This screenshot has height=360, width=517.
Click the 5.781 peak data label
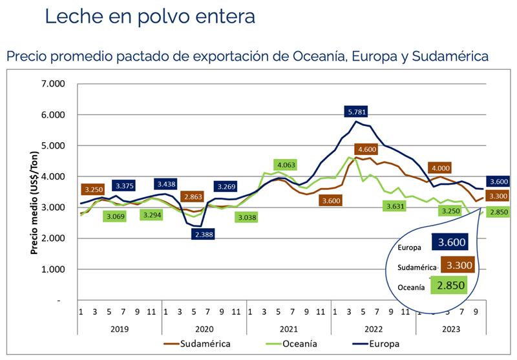(x=359, y=112)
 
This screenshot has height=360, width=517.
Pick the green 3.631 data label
(x=394, y=206)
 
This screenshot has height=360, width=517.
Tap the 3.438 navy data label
(x=167, y=184)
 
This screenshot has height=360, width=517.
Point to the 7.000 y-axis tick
(x=54, y=84)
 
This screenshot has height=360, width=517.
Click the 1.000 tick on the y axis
(x=54, y=270)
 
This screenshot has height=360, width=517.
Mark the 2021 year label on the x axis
(x=289, y=328)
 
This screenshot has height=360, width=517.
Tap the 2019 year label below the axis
(x=120, y=328)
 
